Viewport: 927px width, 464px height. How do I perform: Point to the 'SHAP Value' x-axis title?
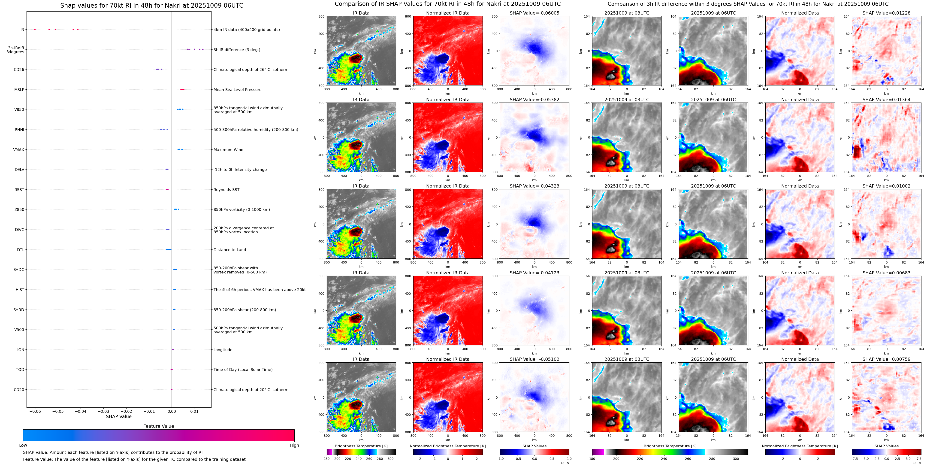click(118, 416)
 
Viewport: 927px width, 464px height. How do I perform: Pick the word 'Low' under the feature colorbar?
click(23, 445)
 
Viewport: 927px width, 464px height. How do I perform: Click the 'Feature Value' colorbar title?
click(158, 426)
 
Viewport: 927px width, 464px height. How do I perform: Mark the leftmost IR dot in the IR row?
click(35, 29)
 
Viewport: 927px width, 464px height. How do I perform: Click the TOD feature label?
click(20, 370)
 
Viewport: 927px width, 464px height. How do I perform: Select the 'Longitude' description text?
click(223, 349)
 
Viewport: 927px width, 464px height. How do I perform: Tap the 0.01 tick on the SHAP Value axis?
click(194, 411)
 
